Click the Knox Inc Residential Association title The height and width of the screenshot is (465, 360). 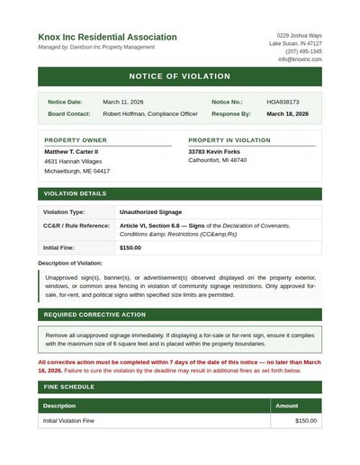107,37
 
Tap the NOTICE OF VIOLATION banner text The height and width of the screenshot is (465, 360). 180,76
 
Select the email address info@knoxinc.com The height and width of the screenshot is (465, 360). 300,59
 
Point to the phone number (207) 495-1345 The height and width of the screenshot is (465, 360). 303,51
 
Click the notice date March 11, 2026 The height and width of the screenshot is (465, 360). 123,102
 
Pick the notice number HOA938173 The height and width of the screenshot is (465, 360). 283,102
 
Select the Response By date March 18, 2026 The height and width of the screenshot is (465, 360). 287,114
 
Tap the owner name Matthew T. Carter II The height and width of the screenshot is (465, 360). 72,152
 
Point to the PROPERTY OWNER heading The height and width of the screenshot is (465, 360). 76,140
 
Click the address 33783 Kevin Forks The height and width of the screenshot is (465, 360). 214,152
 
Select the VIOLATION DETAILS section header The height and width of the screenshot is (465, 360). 76,193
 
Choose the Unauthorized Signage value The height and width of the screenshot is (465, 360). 150,212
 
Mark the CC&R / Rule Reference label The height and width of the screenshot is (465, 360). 76,226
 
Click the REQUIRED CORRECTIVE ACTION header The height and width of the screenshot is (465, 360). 94,315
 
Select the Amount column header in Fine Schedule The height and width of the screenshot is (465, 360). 286,406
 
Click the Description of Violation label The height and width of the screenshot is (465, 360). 70,263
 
